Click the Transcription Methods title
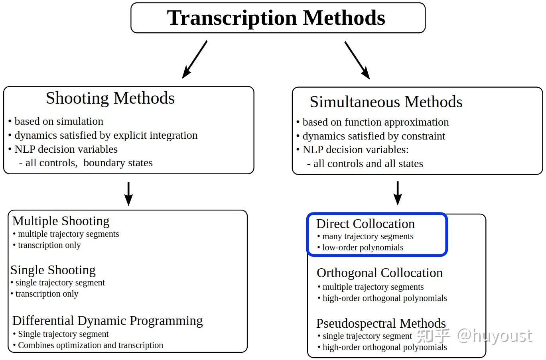click(276, 18)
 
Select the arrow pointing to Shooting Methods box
click(195, 59)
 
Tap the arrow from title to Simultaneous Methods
click(357, 60)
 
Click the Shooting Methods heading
click(110, 98)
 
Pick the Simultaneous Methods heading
click(386, 102)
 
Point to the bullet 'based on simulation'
click(59, 121)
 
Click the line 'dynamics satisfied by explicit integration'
click(106, 135)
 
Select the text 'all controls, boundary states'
click(89, 163)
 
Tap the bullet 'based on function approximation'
click(375, 122)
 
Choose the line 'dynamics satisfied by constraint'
click(374, 136)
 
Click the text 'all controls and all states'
click(368, 163)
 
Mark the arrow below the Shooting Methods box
click(128, 193)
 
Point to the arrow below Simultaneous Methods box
click(397, 193)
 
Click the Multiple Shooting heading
click(61, 221)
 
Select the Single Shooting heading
click(53, 270)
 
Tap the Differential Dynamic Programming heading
click(107, 321)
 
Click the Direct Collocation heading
click(365, 224)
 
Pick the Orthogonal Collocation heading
click(379, 273)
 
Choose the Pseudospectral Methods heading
click(381, 323)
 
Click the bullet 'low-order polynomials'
click(363, 248)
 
